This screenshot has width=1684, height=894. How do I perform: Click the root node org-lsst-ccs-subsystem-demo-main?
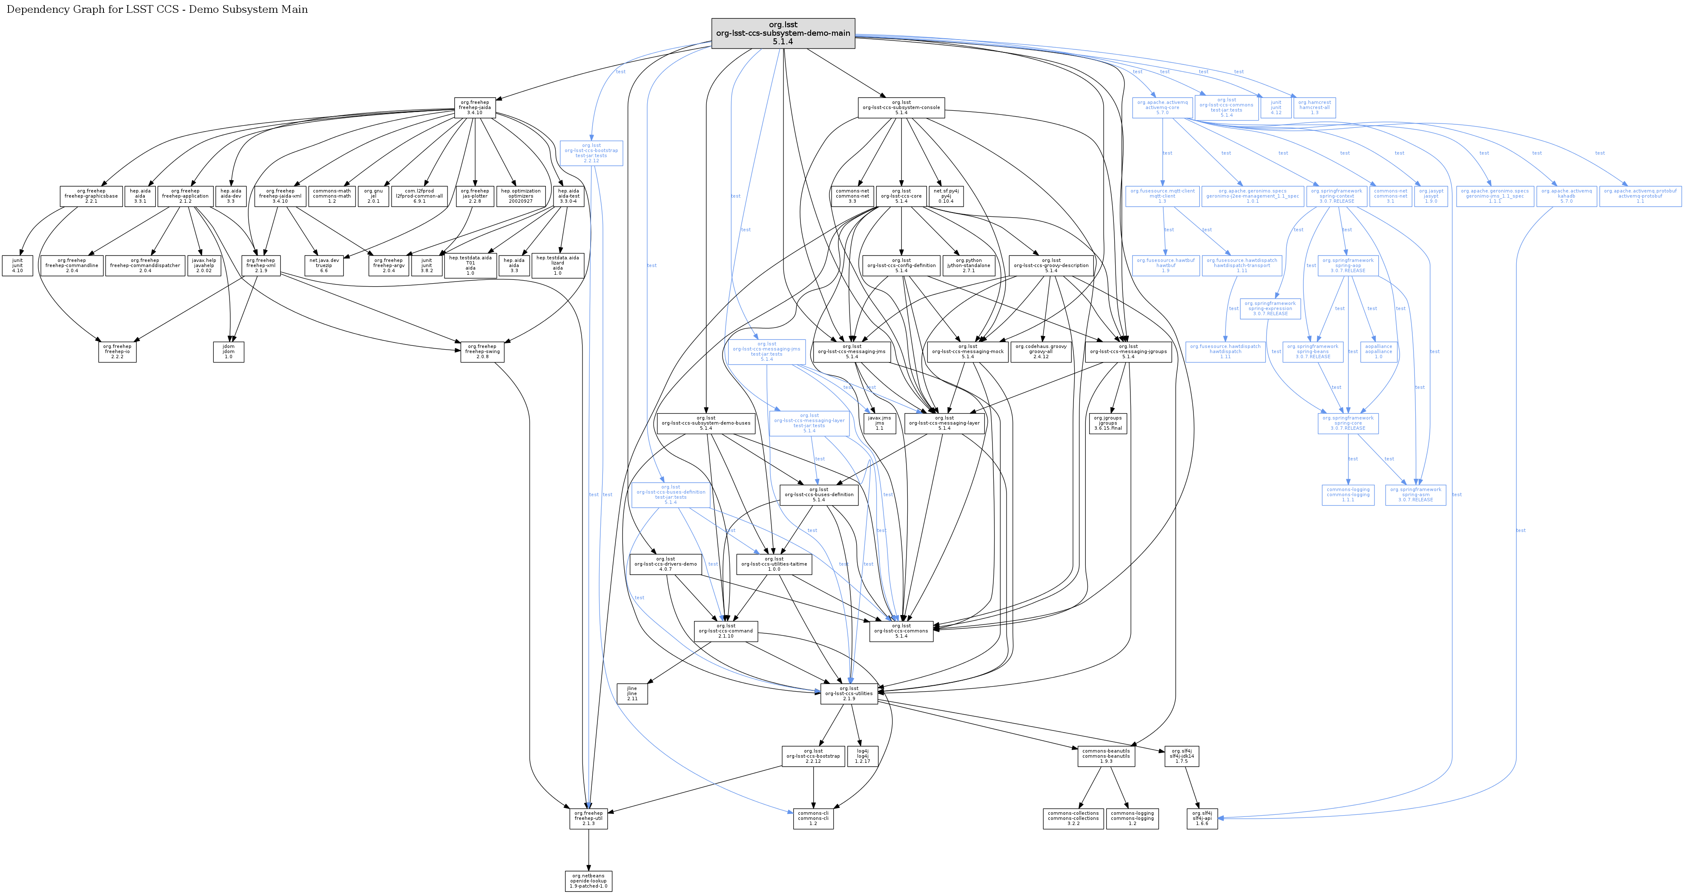coord(783,33)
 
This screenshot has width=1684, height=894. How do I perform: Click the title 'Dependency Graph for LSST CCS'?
coord(157,9)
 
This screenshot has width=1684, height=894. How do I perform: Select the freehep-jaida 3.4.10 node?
coord(475,108)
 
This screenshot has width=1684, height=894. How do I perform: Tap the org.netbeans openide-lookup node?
coord(588,881)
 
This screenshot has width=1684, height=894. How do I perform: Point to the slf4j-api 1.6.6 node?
coord(1202,819)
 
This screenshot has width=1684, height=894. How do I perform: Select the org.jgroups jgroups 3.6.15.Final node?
coord(1107,423)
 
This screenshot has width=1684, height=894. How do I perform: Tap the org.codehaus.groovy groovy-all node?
coord(1041,352)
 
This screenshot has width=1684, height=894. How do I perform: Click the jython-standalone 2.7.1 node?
coord(968,265)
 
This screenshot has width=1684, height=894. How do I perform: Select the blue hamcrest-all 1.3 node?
coord(1314,108)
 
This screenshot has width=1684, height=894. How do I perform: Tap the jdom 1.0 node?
coord(228,352)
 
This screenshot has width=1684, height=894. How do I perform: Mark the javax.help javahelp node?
coord(204,265)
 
